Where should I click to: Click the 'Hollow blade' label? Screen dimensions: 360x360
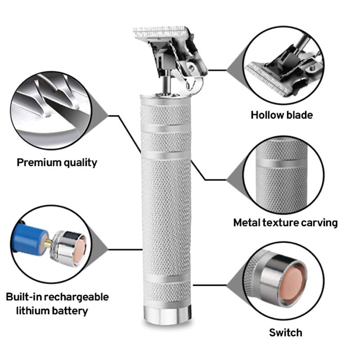click(281, 115)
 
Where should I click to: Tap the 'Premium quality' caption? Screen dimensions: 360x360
click(57, 162)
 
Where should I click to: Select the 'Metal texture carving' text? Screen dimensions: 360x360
click(285, 222)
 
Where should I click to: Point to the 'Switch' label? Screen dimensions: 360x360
click(285, 333)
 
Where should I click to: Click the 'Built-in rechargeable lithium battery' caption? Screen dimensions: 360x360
click(57, 304)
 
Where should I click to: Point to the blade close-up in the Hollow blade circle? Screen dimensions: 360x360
click(283, 67)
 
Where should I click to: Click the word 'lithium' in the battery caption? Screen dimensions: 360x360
click(35, 310)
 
